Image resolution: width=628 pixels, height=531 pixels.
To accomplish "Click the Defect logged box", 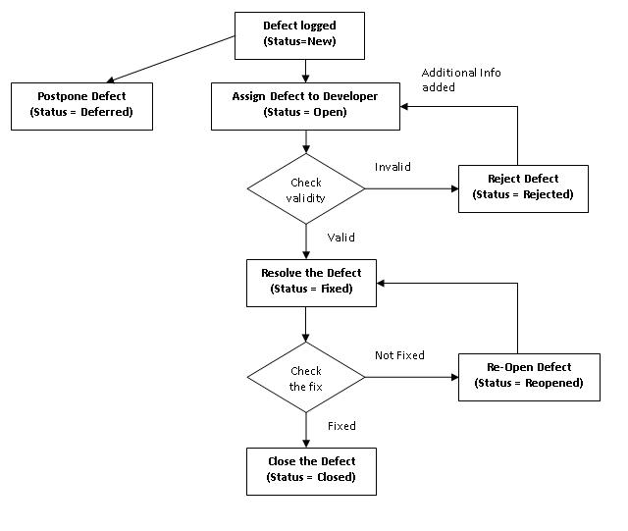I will coord(298,35).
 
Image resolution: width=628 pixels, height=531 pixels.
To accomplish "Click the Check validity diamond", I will coord(305,189).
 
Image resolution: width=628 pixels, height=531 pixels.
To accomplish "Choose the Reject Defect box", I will coord(523,187).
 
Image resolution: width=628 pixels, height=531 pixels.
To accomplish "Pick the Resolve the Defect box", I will coord(311,281).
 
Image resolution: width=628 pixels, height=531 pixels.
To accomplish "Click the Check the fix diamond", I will coord(305,378).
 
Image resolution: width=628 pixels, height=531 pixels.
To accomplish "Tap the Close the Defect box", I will coord(311,469).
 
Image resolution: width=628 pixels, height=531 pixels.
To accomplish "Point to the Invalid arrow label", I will coord(392,167).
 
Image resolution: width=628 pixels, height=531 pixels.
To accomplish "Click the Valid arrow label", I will coord(341,238).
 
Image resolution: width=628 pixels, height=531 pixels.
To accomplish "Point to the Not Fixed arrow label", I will coord(399,355).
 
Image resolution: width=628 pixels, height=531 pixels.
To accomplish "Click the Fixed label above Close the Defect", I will coord(341,426).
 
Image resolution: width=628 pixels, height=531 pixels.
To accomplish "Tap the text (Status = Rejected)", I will coord(523,194).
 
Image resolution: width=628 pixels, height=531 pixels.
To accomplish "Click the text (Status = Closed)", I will coord(311,477).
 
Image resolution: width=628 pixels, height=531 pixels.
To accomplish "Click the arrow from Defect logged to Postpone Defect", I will coord(172,60).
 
